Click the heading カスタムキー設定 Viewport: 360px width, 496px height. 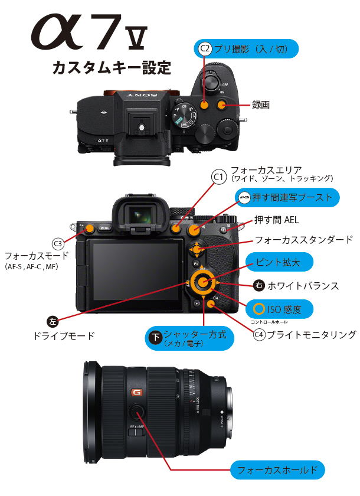coord(112,67)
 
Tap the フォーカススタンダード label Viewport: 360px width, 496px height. coord(303,240)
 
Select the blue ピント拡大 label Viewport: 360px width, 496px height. coord(276,262)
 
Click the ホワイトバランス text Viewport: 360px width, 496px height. coord(303,286)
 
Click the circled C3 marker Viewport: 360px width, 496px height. coord(58,243)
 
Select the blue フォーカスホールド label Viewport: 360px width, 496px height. coord(277,471)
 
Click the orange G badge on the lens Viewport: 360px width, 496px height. coord(137,393)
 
